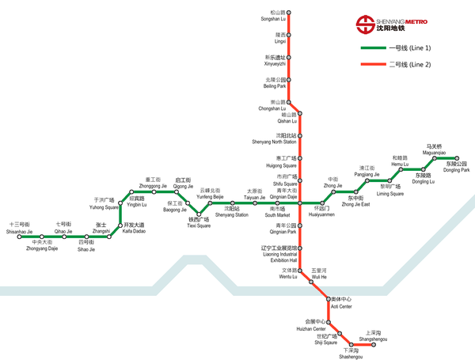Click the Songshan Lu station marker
click(289, 13)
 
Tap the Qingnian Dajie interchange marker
click(300, 203)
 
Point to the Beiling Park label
click(275, 83)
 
